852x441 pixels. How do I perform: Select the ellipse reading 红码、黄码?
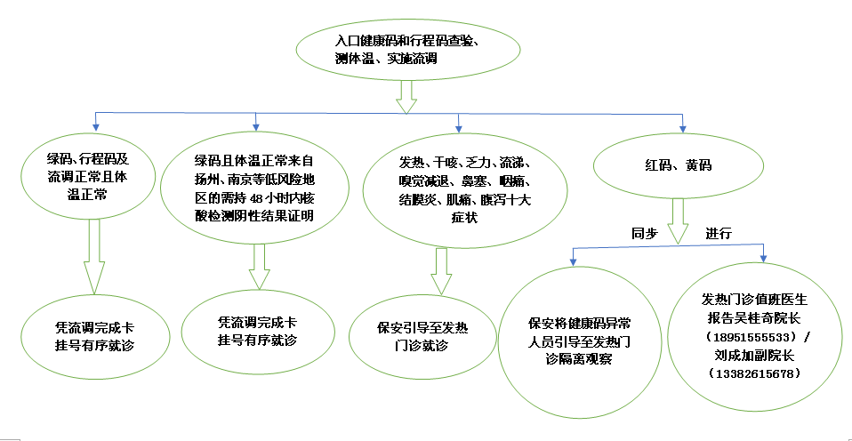coord(679,166)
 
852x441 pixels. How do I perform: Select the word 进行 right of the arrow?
coord(719,233)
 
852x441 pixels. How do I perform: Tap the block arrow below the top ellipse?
coord(406,96)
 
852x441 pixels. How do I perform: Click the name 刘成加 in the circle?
coord(748,356)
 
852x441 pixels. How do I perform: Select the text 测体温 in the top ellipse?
coord(358,59)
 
